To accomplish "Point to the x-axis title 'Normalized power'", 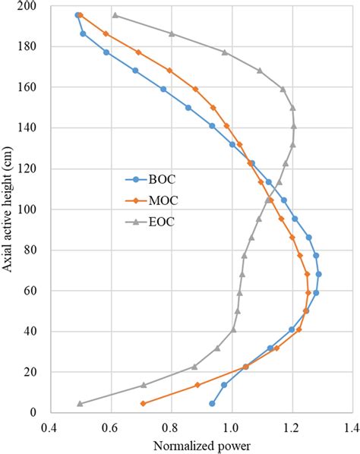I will (x=201, y=445).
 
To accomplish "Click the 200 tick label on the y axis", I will (x=33, y=6).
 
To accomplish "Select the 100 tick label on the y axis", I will (x=33, y=210).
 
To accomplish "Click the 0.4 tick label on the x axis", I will (x=50, y=426).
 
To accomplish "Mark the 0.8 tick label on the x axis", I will (x=171, y=426).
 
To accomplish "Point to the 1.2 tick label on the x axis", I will (x=292, y=426).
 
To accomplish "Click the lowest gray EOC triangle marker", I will (x=80, y=404).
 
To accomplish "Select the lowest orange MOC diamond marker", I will (x=143, y=404).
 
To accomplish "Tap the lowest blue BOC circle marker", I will (x=212, y=404).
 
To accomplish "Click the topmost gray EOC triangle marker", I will (x=115, y=15).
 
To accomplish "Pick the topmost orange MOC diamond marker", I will (x=81, y=15).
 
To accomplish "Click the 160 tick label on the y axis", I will (x=33, y=87).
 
